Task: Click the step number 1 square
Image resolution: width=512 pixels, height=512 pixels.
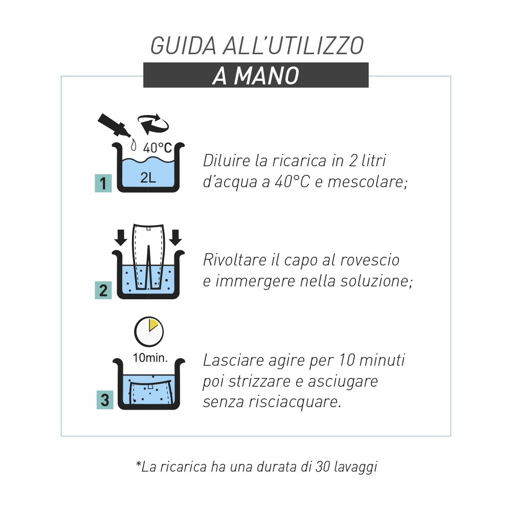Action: point(103,183)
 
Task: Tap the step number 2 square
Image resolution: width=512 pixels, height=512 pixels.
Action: point(103,291)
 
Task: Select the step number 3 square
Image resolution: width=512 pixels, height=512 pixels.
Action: point(105,400)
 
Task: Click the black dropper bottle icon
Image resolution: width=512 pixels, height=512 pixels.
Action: point(114,125)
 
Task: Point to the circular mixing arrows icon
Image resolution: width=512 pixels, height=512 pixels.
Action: point(153,124)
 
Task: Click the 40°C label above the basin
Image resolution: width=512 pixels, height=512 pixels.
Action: point(158,148)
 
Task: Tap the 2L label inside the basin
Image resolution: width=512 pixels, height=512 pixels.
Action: point(148,177)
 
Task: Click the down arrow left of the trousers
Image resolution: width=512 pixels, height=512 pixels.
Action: point(121,238)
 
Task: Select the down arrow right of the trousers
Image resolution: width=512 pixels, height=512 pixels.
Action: point(175,238)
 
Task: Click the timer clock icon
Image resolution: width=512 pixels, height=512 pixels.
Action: point(149,331)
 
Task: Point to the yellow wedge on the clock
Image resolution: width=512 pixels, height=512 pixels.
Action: point(152,325)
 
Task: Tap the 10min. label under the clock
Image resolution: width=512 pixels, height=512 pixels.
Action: point(150,358)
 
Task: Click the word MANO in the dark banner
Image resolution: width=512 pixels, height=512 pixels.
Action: point(266,76)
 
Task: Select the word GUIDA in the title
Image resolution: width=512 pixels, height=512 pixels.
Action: point(183,46)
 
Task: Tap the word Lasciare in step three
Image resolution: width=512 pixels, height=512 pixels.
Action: point(233,361)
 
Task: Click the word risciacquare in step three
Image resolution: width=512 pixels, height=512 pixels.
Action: point(295,402)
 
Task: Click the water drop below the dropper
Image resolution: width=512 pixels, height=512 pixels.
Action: point(133,145)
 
